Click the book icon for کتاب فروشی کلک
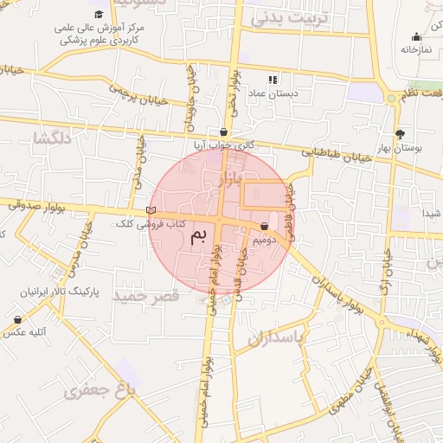pos(151,210)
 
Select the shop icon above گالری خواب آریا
pos(224,132)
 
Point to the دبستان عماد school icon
pos(273,79)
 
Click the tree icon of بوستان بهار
pos(400,134)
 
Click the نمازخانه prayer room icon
pos(416,36)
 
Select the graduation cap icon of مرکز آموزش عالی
pos(99,15)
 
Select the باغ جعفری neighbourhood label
pos(100,391)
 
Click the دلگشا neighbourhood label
pos(52,138)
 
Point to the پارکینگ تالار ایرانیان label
pos(57,292)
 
